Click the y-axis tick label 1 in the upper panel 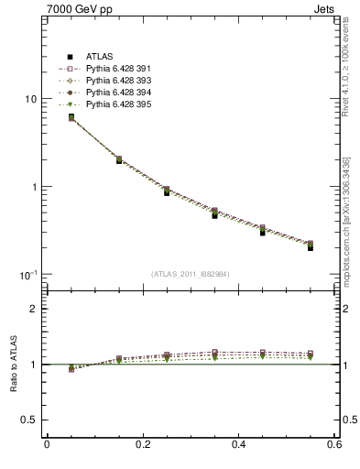33,187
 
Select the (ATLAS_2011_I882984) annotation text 191,274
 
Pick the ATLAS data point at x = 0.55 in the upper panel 311,247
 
